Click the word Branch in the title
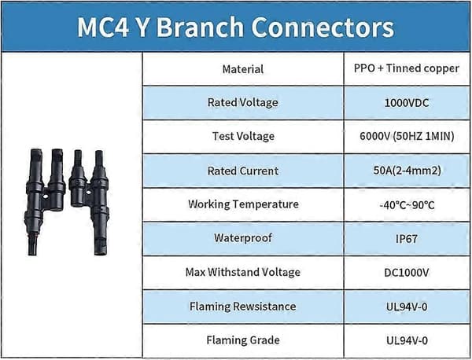(200, 28)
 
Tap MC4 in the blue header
(103, 28)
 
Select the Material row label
(243, 69)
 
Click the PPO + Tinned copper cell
(407, 68)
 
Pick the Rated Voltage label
(243, 102)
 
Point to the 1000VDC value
(407, 103)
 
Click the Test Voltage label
(243, 136)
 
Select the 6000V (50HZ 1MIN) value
(407, 136)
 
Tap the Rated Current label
(243, 171)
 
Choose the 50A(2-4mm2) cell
(407, 171)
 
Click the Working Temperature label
(243, 204)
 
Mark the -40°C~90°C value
(407, 205)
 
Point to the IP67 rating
(407, 239)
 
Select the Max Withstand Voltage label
(243, 272)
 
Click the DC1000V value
(407, 273)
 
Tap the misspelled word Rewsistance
(264, 307)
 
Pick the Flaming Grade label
(243, 340)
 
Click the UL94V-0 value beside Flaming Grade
(407, 341)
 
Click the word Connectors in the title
(323, 28)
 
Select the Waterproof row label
(243, 238)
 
